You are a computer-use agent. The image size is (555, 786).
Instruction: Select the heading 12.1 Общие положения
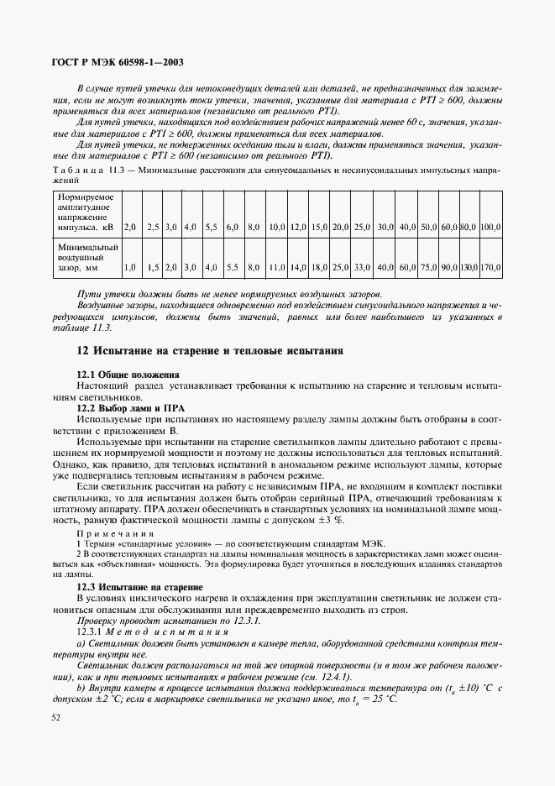[x=128, y=373]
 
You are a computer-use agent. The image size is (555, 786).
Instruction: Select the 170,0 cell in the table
[x=491, y=267]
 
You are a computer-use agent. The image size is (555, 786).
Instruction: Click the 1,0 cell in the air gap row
[x=129, y=267]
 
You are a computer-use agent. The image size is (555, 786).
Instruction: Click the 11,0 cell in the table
[x=278, y=267]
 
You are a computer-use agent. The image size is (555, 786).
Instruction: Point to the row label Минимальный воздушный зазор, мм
[x=87, y=258]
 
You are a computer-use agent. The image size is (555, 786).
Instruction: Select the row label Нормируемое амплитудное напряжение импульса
[x=87, y=212]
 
